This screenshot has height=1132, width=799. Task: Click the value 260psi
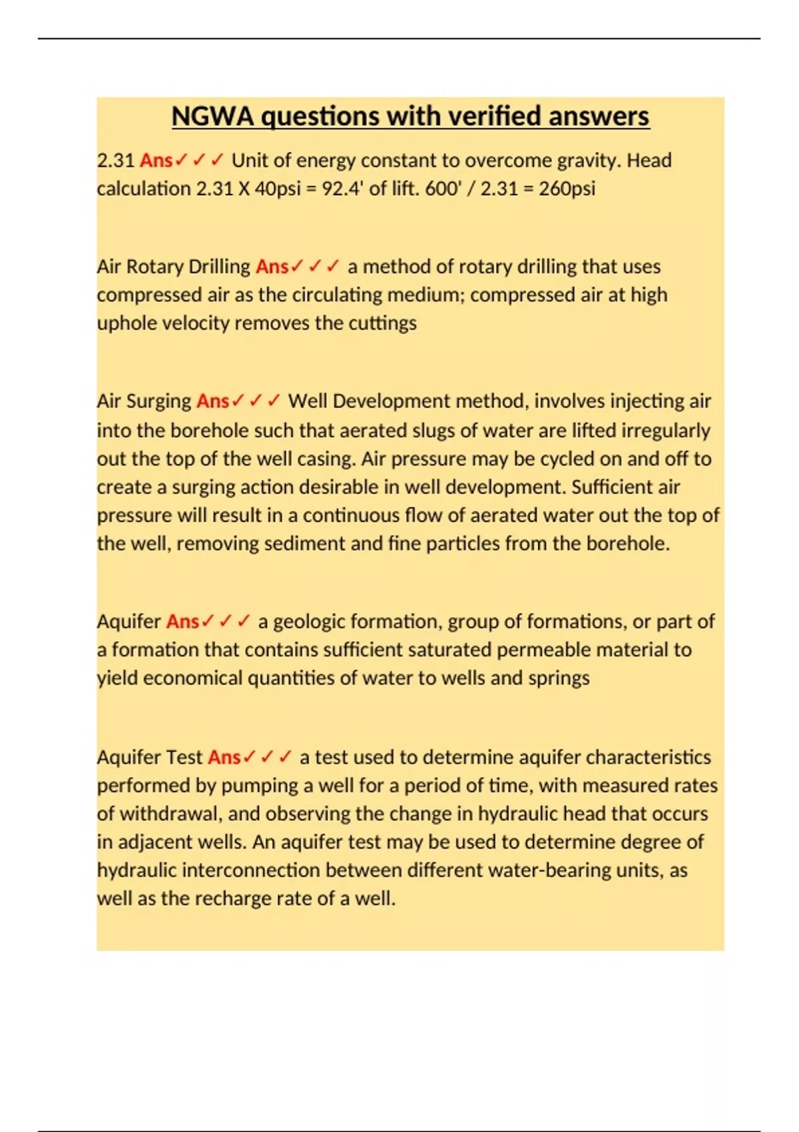tap(567, 189)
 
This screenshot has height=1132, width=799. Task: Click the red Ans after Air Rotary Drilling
tap(272, 267)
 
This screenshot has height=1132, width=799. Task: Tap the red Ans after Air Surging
tap(212, 402)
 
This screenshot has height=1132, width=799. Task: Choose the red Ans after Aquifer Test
tap(224, 758)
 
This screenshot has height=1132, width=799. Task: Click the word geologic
tap(309, 622)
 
